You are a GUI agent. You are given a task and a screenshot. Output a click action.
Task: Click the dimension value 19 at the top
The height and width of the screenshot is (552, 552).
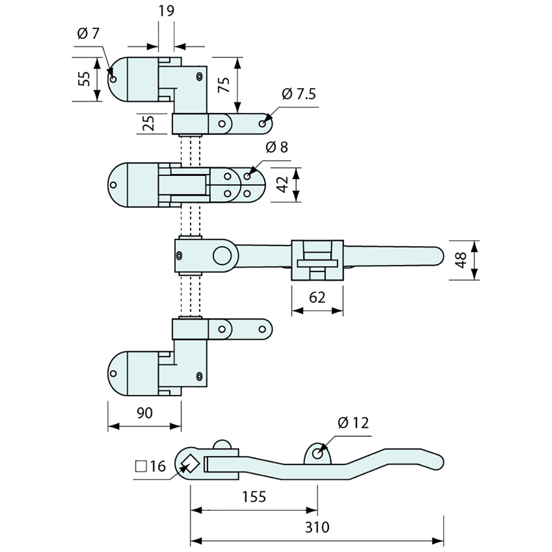pyautogui.click(x=166, y=11)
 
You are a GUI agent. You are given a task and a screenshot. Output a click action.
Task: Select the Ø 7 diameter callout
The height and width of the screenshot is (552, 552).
pyautogui.click(x=88, y=34)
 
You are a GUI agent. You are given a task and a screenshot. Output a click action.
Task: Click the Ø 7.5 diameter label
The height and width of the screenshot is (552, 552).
pyautogui.click(x=299, y=94)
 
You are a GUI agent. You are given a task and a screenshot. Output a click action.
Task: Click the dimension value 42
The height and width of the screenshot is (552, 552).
pyautogui.click(x=282, y=185)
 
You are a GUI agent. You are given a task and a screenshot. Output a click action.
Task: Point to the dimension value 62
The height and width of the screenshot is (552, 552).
pyautogui.click(x=317, y=298)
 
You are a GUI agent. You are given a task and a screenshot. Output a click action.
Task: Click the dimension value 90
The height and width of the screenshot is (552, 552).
pyautogui.click(x=144, y=413)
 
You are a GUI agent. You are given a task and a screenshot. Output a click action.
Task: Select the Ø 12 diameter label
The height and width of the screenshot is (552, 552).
pyautogui.click(x=353, y=423)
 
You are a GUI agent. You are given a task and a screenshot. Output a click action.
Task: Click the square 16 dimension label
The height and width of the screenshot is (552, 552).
pyautogui.click(x=151, y=466)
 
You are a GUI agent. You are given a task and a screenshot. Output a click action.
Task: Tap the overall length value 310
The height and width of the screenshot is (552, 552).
pyautogui.click(x=317, y=527)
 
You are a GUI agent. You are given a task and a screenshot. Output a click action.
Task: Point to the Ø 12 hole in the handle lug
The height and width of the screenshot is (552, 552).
pyautogui.click(x=317, y=453)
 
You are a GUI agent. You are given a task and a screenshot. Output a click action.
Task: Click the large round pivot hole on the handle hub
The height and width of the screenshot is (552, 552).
pyautogui.click(x=221, y=255)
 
